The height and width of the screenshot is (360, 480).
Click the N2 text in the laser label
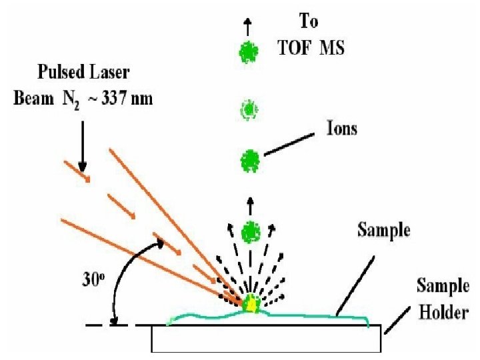(73, 101)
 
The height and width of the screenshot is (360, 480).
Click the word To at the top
(308, 22)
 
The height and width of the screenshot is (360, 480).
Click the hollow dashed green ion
(249, 109)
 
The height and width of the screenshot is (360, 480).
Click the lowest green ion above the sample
(251, 232)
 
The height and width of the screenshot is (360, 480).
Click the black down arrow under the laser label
(82, 147)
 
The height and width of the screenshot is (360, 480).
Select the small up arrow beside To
(249, 27)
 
